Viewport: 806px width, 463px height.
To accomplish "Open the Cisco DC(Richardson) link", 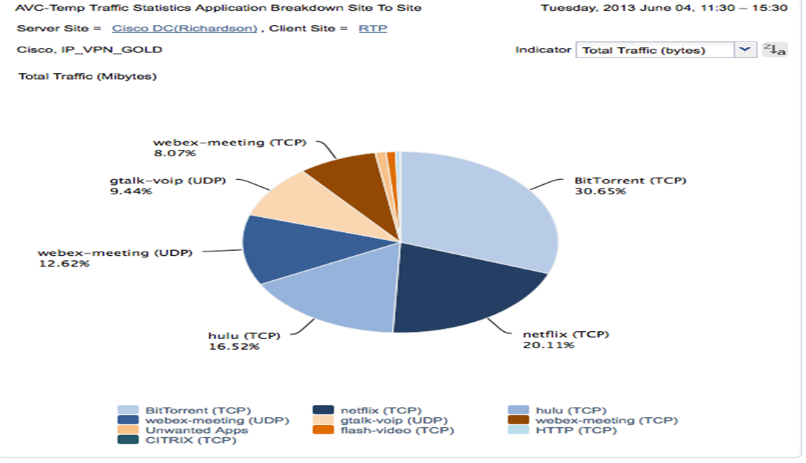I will point(185,29).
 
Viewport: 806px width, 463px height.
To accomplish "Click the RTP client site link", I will point(373,29).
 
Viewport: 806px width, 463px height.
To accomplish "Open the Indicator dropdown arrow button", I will point(745,49).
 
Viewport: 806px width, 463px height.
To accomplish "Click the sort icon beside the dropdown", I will point(774,49).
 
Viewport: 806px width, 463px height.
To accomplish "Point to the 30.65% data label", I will point(600,191).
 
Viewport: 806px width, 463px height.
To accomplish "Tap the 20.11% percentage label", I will point(548,345).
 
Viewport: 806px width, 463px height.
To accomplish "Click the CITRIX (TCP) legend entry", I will point(191,440).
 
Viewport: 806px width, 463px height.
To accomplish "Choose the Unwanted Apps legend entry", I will point(196,430).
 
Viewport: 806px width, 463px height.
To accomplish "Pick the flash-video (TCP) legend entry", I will point(397,430).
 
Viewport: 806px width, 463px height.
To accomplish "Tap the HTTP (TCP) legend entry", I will point(575,430).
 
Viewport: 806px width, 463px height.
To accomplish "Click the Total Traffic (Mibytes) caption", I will point(87,76).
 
